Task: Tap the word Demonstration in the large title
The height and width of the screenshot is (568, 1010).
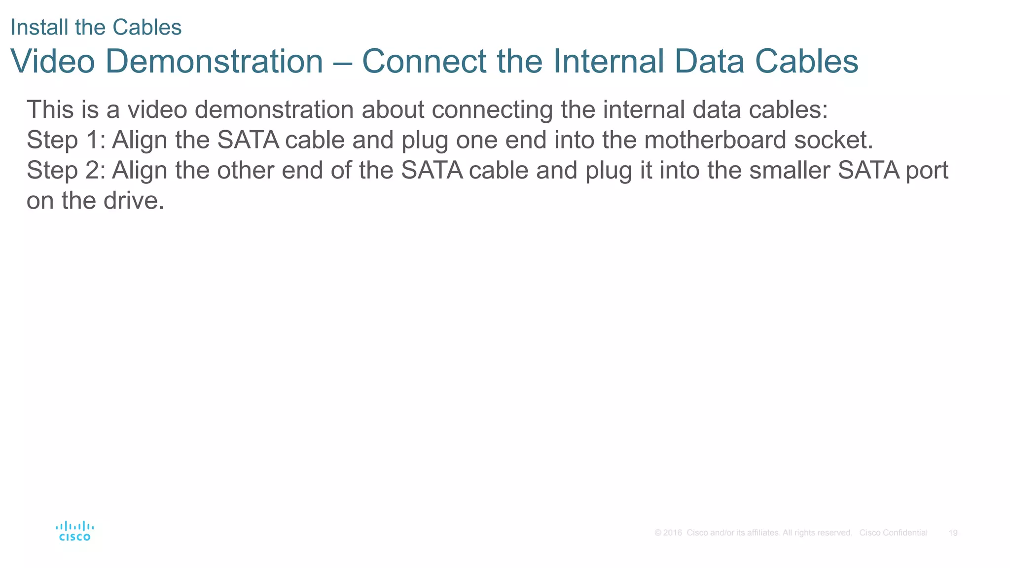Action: click(214, 61)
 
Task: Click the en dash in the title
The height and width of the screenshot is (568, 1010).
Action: click(342, 62)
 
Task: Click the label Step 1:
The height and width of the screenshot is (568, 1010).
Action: click(66, 140)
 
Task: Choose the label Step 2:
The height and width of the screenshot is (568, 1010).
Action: click(66, 171)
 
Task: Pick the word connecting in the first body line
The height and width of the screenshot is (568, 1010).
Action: click(492, 110)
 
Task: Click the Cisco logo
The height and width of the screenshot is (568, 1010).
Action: click(75, 531)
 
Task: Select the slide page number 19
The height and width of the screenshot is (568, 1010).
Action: click(953, 533)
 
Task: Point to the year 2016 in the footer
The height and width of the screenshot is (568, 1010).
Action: click(672, 533)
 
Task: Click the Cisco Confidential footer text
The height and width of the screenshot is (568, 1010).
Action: click(893, 533)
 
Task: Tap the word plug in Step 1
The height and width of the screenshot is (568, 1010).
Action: click(425, 141)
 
